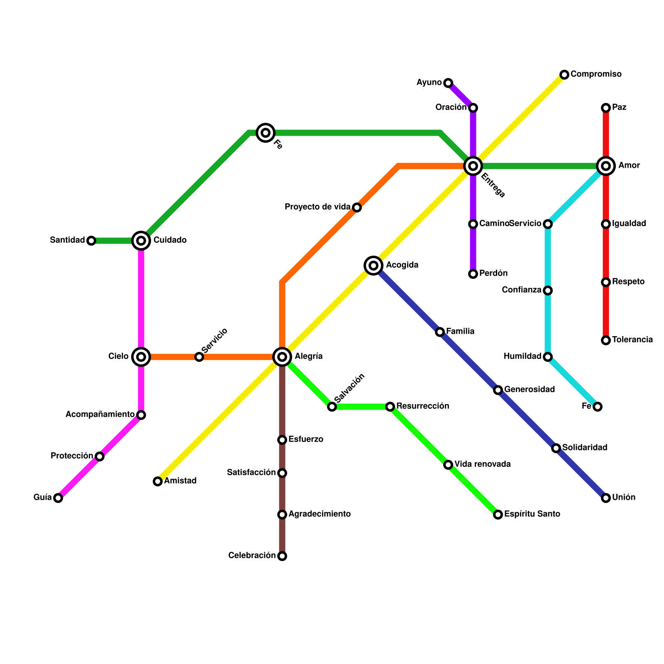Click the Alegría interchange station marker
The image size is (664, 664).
tap(282, 356)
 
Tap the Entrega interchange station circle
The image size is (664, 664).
tap(473, 166)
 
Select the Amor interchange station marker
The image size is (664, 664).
tap(606, 166)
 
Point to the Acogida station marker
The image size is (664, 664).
tap(373, 265)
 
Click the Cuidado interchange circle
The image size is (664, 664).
tap(141, 240)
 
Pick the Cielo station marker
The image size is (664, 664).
tap(141, 356)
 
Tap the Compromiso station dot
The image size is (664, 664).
tap(564, 75)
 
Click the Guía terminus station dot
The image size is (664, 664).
tap(58, 498)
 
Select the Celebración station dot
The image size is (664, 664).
tap(282, 556)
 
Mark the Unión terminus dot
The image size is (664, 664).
tap(606, 498)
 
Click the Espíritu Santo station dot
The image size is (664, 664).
tap(498, 515)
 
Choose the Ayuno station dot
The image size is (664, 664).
tap(448, 83)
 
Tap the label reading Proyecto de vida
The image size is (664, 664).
tap(317, 207)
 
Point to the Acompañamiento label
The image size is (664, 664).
tap(100, 415)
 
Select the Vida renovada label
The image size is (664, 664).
tap(482, 464)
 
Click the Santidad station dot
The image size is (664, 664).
tap(91, 241)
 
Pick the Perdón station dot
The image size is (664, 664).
tap(473, 274)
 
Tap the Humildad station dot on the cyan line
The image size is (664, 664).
tap(548, 357)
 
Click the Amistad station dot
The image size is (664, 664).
tap(158, 481)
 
